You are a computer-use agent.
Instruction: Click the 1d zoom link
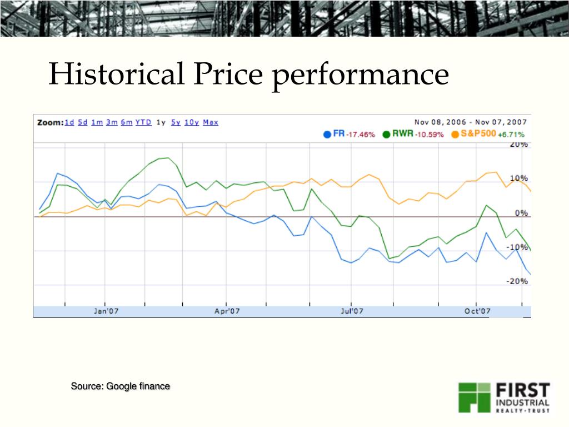tap(69, 122)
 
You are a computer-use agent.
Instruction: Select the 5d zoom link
tap(83, 122)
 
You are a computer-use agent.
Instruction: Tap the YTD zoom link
tap(143, 122)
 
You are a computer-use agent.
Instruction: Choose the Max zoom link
tap(211, 122)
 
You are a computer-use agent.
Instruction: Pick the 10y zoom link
tap(192, 122)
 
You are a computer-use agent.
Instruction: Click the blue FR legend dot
tap(327, 135)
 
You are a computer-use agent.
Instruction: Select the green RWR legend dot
tap(387, 135)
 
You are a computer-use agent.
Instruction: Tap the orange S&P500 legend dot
tap(455, 135)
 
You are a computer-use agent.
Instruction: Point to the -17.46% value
tap(360, 135)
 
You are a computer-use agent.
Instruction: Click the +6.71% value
tap(511, 135)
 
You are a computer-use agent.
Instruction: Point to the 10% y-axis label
tap(519, 178)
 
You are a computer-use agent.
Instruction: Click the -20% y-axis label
tap(517, 281)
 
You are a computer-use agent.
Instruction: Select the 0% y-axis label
tap(521, 213)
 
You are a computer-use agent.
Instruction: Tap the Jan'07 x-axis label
tap(106, 311)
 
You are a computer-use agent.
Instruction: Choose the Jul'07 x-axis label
tap(352, 311)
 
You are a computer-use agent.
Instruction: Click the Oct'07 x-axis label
tap(477, 311)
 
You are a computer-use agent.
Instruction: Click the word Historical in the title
tap(117, 74)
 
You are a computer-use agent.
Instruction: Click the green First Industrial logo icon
tap(473, 397)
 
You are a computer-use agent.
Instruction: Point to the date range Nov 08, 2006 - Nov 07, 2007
tap(471, 122)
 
